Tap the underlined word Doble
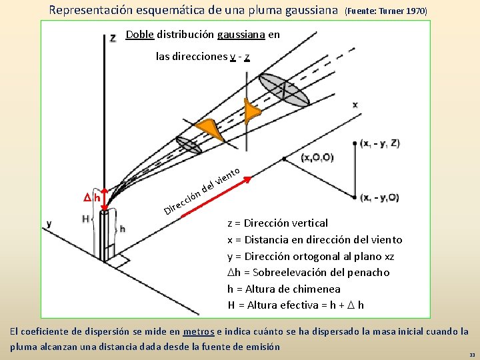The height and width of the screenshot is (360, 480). point(139,35)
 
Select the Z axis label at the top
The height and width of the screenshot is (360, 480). point(113,38)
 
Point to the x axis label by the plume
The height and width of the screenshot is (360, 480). point(355,105)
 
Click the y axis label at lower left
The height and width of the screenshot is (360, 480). point(49,223)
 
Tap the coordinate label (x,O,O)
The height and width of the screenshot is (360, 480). point(317,157)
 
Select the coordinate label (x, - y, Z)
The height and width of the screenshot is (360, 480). point(380,143)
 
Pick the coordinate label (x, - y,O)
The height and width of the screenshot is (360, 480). point(379,197)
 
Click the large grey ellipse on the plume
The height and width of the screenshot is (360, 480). point(284,89)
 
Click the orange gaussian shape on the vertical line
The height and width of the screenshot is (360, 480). point(250,113)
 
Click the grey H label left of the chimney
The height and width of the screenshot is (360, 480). point(85,219)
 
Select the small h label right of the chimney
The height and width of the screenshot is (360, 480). point(122,229)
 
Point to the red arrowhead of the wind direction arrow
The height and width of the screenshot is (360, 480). point(247,179)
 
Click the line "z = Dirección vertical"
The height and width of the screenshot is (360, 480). point(277,223)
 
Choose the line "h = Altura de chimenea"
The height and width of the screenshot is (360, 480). point(283,289)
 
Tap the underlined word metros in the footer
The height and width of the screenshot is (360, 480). point(199,331)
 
